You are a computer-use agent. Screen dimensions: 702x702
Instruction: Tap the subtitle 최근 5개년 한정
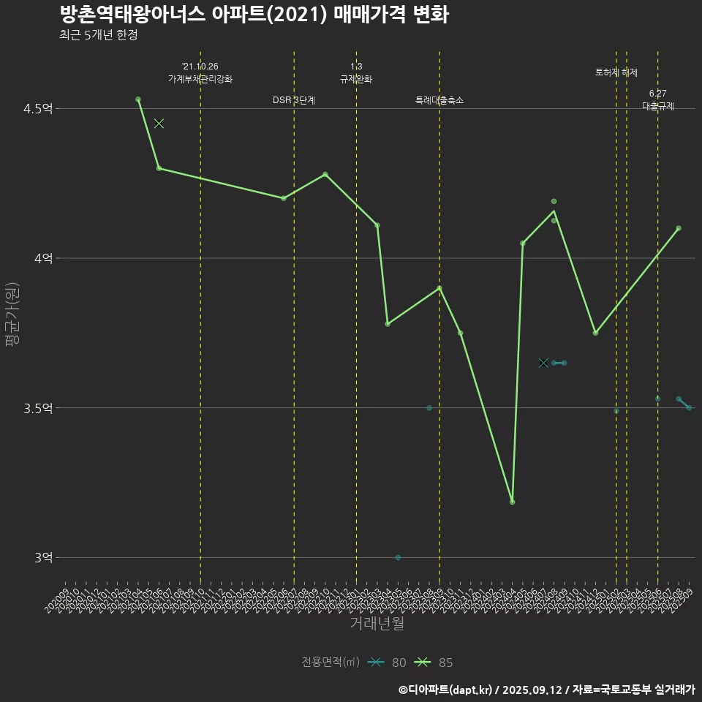click(x=98, y=35)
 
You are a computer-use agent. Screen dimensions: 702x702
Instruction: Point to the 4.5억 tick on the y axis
click(x=38, y=109)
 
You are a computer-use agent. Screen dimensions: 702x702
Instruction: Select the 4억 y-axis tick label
click(x=43, y=258)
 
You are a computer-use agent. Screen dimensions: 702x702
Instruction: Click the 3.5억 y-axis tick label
click(x=38, y=408)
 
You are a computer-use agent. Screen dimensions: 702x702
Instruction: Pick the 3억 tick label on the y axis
click(x=43, y=557)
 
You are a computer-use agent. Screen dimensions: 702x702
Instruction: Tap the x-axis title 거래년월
click(x=377, y=624)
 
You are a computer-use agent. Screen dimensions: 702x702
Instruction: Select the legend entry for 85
click(x=434, y=663)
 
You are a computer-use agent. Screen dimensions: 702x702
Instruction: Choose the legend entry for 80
click(x=388, y=663)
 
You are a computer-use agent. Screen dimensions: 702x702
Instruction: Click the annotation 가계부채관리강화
click(x=200, y=79)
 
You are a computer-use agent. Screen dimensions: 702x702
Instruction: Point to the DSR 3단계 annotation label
click(x=294, y=100)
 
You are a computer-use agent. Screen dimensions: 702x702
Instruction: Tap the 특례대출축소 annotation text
click(x=439, y=100)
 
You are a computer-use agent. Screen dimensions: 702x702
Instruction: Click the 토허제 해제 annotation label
click(x=616, y=73)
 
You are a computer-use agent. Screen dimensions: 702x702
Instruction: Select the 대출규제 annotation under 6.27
click(x=658, y=106)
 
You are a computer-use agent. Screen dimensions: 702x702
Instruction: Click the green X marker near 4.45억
click(x=159, y=124)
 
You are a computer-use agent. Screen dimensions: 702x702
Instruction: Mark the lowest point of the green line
click(x=512, y=502)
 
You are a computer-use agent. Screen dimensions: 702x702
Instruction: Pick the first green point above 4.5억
click(x=138, y=99)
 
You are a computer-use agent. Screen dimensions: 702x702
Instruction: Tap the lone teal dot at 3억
click(x=398, y=557)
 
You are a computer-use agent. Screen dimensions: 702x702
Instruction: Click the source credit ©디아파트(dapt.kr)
click(x=446, y=690)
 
